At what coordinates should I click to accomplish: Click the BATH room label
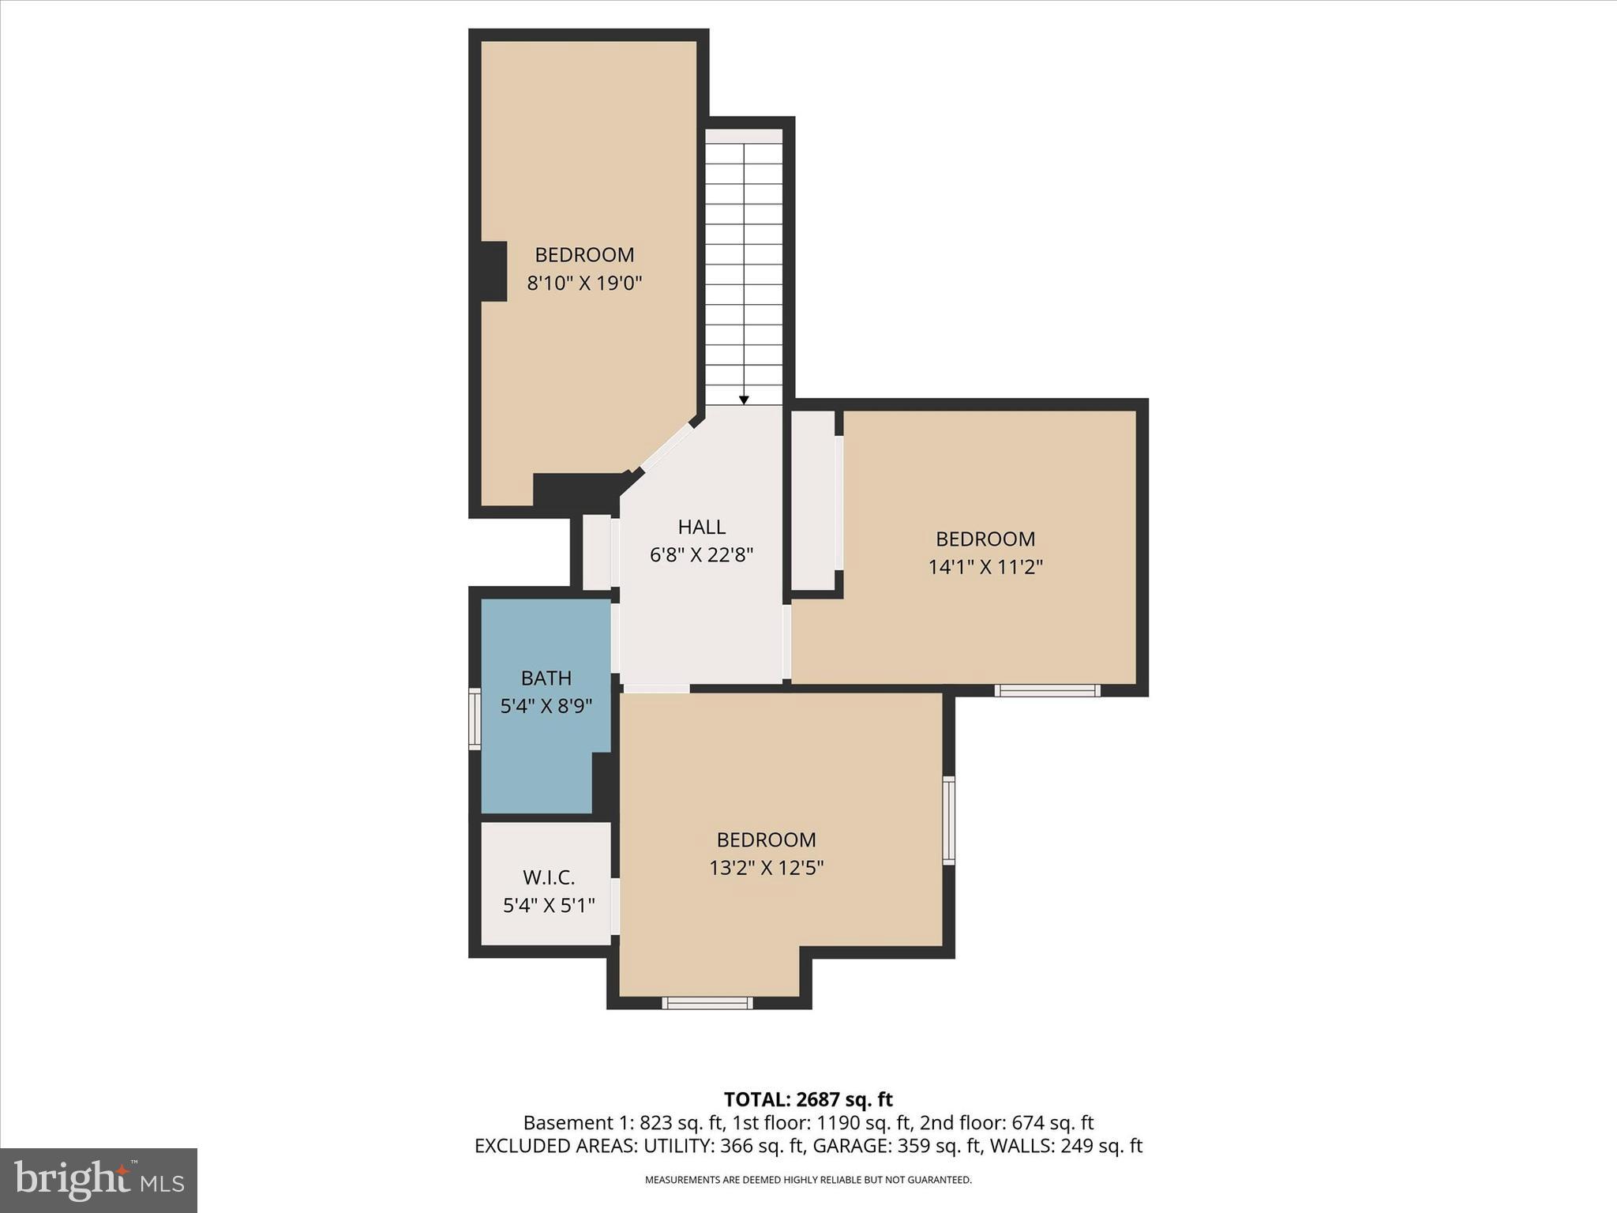[x=546, y=678]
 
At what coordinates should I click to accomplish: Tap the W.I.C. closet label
[x=549, y=877]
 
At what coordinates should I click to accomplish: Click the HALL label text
[x=701, y=527]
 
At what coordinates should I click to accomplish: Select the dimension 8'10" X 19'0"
[x=584, y=283]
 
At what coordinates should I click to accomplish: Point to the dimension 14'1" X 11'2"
[x=985, y=567]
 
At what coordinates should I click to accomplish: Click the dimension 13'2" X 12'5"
[x=766, y=868]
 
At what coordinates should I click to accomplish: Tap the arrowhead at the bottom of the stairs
[x=744, y=400]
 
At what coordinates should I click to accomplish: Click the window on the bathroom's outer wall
[x=475, y=718]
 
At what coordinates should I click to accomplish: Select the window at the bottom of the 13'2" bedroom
[x=707, y=1003]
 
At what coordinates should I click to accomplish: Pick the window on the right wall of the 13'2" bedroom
[x=949, y=820]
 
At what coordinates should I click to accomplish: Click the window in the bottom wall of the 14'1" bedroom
[x=1047, y=690]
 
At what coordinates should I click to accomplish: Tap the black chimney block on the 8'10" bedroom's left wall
[x=493, y=271]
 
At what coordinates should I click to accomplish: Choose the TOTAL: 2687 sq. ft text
[x=808, y=1099]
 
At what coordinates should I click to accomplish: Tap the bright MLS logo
[x=99, y=1180]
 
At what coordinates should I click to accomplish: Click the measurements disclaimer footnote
[x=808, y=1180]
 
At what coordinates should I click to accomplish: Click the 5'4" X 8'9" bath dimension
[x=546, y=706]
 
